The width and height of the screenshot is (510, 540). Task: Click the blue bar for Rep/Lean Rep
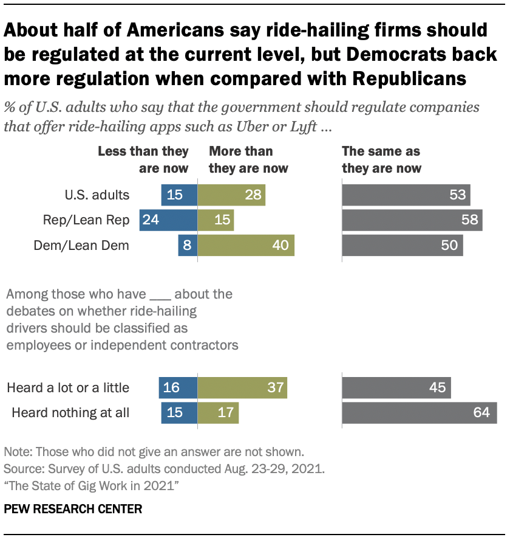coord(168,220)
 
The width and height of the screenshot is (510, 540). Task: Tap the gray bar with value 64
coord(420,413)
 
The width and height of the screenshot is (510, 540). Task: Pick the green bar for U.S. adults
coord(231,195)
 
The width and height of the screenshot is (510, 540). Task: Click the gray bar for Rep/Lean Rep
coord(412,220)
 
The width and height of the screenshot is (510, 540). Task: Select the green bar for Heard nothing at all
coord(219,413)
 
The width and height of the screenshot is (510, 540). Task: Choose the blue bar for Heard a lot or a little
coord(178,387)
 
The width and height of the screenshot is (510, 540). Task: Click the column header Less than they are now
coord(143,160)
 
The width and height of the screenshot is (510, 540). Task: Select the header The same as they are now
coord(382,160)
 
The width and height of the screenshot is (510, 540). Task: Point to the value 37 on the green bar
coord(275,387)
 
